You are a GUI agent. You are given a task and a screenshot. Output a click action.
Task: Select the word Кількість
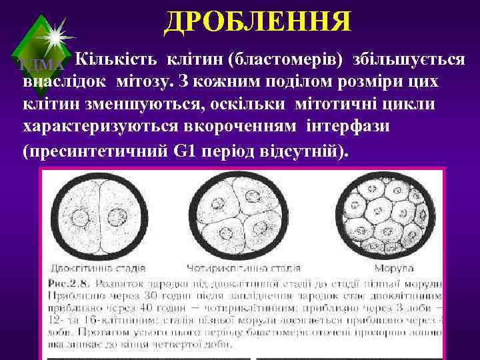[113, 60]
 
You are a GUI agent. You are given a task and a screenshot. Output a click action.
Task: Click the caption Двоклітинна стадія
[99, 269]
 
